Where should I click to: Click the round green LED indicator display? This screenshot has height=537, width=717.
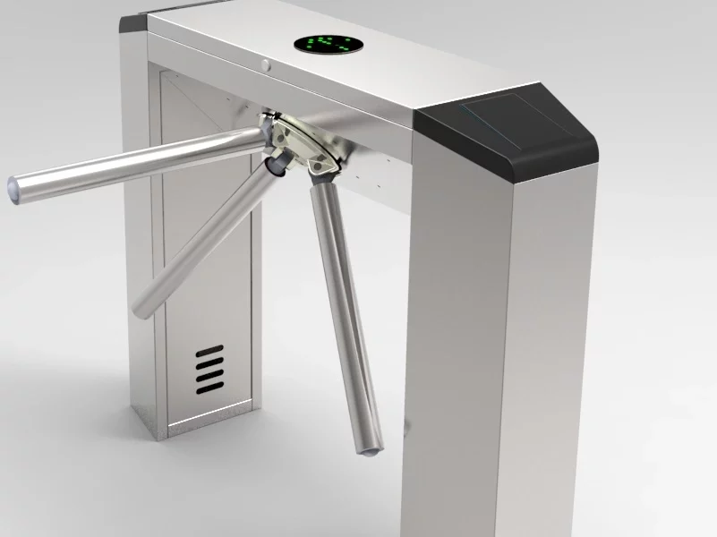pos(324,43)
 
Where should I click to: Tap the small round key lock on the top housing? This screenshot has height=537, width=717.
pos(266,64)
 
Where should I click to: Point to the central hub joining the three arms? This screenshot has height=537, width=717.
pos(300,143)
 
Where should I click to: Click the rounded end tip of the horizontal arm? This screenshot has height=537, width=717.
pos(15,190)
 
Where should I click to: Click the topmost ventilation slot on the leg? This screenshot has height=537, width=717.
pos(209,352)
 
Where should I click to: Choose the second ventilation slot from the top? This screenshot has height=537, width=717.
pos(209,363)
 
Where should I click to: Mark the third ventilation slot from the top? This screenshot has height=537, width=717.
pos(210,375)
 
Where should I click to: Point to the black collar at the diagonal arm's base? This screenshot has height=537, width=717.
pos(278,166)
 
